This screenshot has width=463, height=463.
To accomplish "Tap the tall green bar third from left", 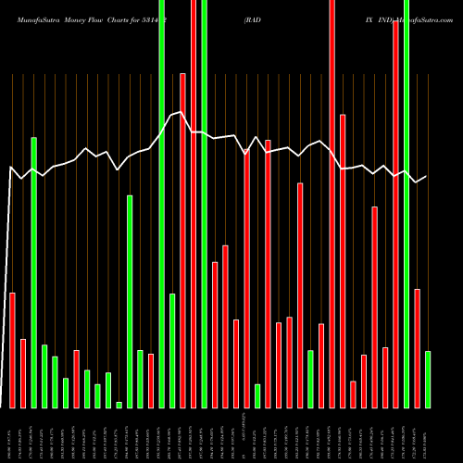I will tap(34, 272).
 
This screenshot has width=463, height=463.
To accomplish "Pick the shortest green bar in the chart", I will tap(119, 405).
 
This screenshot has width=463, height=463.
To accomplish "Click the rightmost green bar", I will tap(427, 380).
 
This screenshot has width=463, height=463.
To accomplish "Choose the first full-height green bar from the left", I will tap(162, 204).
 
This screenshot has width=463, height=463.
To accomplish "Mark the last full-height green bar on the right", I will tap(406, 204).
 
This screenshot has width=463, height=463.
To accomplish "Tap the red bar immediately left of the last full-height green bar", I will tap(395, 214).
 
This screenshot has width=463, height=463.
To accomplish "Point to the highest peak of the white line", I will tap(182, 112).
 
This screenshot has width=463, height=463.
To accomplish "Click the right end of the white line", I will tap(427, 177).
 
